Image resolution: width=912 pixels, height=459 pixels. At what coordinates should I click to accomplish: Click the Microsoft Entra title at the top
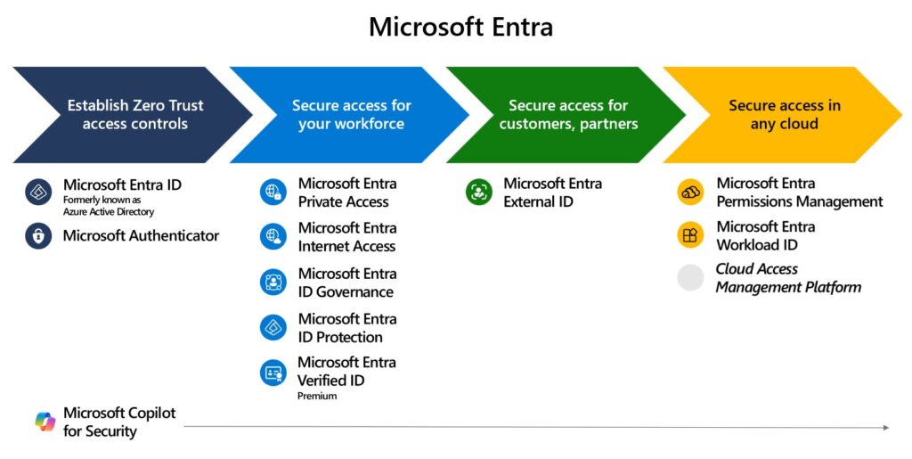coord(460,27)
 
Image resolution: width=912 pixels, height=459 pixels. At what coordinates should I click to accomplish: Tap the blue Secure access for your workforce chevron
coord(351,114)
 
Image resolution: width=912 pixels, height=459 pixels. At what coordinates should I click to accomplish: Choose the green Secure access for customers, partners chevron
coord(568,114)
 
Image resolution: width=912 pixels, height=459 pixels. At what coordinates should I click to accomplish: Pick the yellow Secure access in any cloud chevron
coord(784,114)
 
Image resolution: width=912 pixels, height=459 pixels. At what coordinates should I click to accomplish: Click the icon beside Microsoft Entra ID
coord(38,193)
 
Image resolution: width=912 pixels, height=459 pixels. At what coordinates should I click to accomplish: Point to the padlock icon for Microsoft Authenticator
coord(38,236)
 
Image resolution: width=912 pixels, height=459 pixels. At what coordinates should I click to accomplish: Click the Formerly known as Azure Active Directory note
coord(108,206)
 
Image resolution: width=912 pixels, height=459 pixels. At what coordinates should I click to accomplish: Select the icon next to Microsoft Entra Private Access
coord(273,193)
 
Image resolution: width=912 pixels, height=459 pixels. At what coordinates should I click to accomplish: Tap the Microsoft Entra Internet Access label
coord(346,237)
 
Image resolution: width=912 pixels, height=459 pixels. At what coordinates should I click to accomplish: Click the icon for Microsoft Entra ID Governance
coord(273,283)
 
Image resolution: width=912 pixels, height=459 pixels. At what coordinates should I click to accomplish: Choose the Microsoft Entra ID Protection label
coord(346,328)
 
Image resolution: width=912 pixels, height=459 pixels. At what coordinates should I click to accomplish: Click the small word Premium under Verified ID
coord(317,396)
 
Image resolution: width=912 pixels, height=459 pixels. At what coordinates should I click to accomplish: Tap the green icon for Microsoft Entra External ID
coord(479,193)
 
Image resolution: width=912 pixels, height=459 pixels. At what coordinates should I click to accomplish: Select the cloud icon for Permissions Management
coord(691,193)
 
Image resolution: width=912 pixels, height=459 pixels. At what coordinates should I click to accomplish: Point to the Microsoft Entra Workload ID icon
coord(691,236)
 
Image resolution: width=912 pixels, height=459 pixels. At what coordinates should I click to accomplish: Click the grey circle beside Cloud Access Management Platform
coord(691,278)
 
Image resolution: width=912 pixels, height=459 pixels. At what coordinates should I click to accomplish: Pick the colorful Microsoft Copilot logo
coord(45,422)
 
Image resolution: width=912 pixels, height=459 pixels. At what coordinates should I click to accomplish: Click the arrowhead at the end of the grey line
coord(885,428)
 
